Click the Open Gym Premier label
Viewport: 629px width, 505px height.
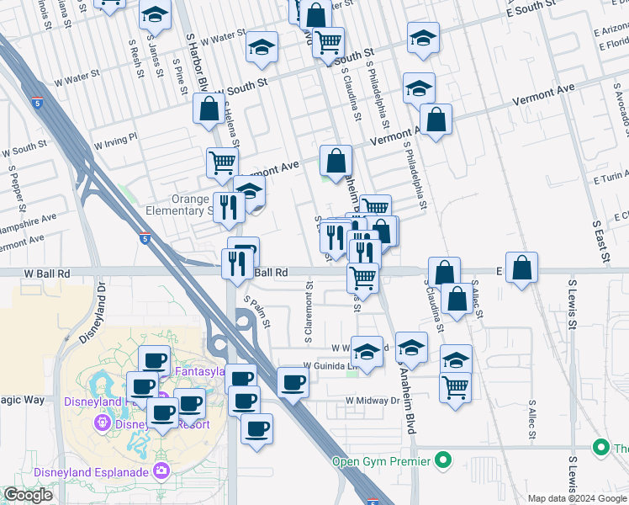tap(380, 460)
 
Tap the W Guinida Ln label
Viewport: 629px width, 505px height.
tap(331, 366)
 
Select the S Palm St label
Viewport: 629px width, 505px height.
tap(256, 311)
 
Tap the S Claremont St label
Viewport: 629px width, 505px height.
tap(310, 318)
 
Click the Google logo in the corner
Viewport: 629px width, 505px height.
tap(28, 495)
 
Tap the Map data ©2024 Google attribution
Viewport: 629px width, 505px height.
tap(576, 498)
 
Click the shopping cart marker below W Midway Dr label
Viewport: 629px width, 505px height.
tap(455, 387)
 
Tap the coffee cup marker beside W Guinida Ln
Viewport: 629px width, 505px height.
tap(293, 382)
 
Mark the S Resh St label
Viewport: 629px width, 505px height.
tap(135, 56)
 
